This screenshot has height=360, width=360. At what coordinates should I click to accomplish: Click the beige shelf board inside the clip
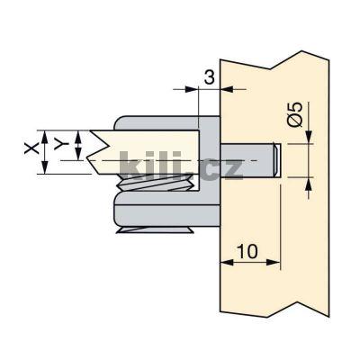(x=144, y=144)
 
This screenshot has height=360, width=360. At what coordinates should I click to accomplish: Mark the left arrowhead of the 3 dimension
(x=192, y=88)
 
